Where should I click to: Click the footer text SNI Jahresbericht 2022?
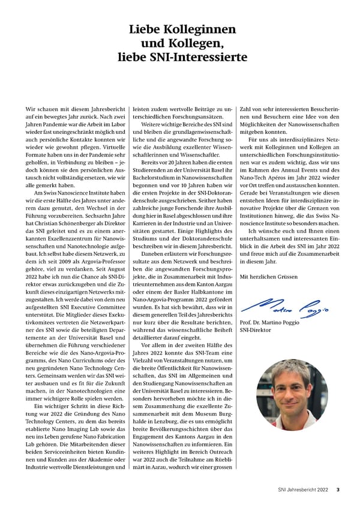(302, 489)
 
